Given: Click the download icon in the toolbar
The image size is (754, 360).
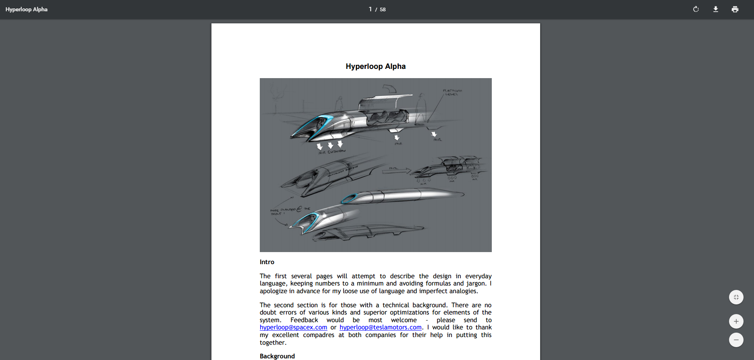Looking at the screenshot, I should point(716,9).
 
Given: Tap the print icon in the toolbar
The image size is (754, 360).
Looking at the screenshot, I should point(735,9).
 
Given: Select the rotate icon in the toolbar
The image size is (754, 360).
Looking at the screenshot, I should point(696,9).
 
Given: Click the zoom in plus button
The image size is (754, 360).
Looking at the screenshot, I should point(736,321).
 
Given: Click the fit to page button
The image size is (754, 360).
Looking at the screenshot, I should point(736,297).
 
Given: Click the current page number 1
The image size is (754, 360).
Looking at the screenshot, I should point(370,9).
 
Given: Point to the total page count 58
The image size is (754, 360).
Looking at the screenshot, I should point(383,10).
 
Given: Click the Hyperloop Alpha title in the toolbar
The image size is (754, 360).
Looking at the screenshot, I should point(27,9).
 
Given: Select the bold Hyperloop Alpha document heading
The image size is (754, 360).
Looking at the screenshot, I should point(375,66).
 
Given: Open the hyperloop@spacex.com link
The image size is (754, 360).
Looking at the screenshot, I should point(293,327).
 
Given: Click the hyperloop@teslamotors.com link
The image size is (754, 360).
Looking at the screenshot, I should point(380,327).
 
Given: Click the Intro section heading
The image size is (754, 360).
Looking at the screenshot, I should point(267,262).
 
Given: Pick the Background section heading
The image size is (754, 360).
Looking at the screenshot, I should point(277,356).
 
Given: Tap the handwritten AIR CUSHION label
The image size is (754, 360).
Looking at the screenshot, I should point(332,152).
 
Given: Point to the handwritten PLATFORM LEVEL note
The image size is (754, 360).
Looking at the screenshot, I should point(452,92).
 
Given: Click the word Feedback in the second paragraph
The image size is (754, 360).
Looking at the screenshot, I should point(304,320).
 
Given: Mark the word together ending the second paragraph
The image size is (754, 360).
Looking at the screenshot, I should point(272,343).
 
